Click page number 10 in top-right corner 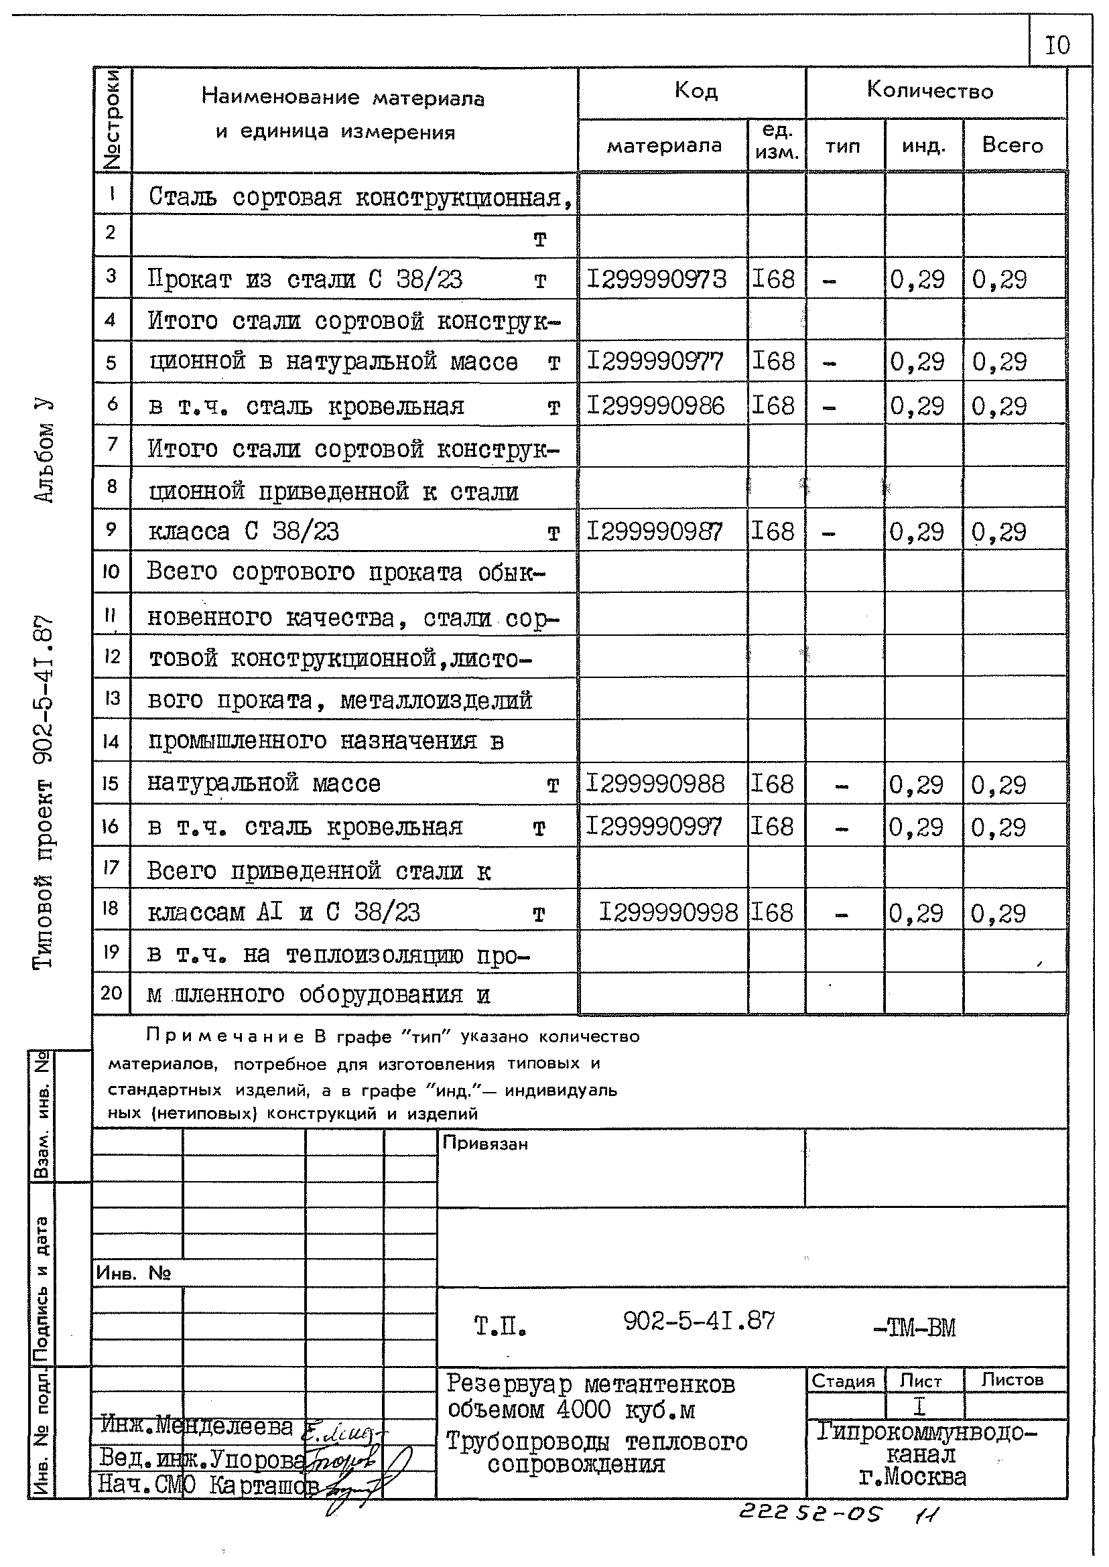point(1058,46)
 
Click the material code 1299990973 point(657,279)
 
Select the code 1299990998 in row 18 point(669,912)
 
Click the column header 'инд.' point(923,146)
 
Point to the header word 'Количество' point(929,90)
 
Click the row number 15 point(111,783)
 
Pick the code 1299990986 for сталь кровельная point(655,406)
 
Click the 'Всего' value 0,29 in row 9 point(998,532)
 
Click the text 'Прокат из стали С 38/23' point(306,280)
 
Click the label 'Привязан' point(485,1143)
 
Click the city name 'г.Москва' point(913,1477)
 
